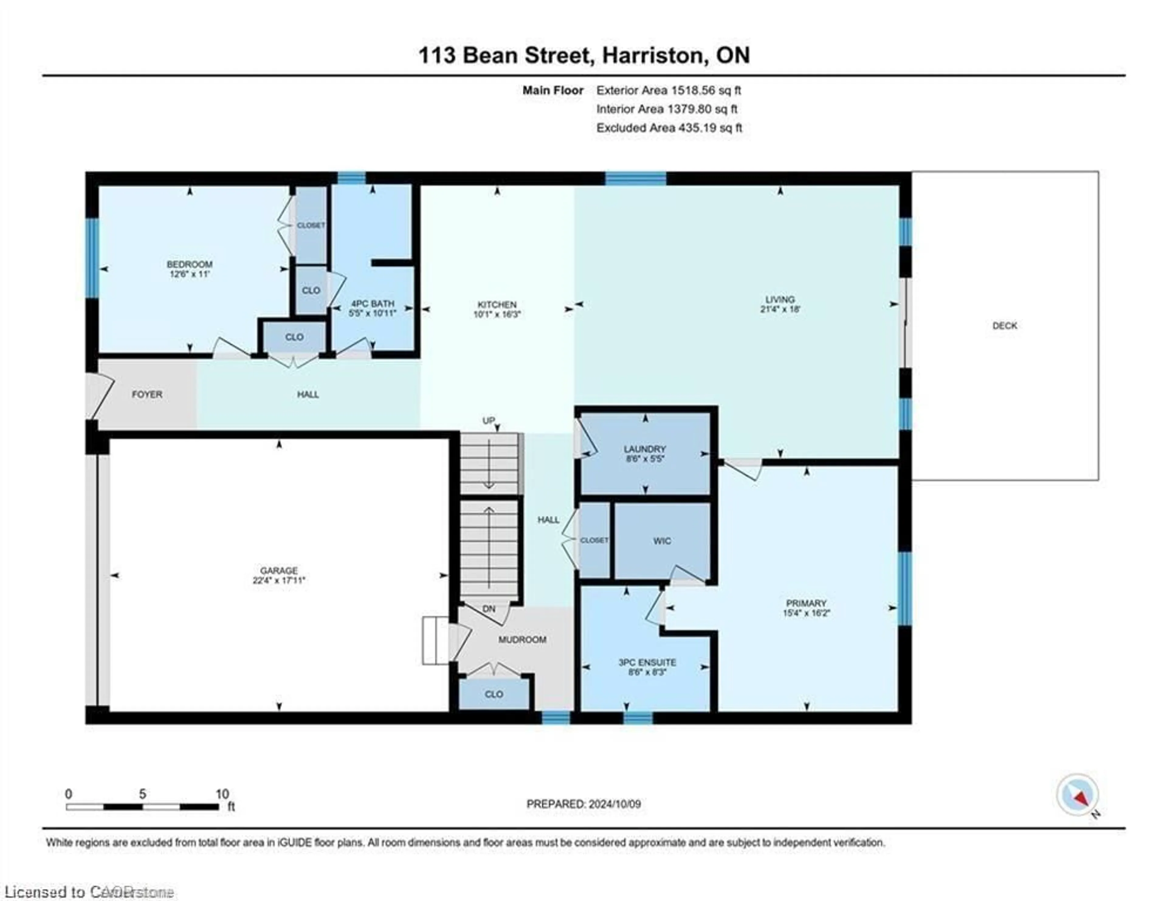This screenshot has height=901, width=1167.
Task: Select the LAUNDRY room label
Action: click(645, 449)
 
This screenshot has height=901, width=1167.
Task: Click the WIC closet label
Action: click(662, 541)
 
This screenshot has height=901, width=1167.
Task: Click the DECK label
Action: click(1004, 326)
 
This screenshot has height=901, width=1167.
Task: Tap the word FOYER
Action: click(147, 394)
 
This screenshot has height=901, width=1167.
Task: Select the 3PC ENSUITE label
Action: click(647, 662)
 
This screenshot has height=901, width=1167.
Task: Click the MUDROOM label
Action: click(522, 640)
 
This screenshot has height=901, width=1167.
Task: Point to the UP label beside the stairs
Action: click(488, 421)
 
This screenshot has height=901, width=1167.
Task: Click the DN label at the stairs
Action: click(488, 609)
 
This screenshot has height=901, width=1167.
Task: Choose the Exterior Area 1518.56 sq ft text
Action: click(669, 90)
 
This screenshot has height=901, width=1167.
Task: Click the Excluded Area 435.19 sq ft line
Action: click(669, 128)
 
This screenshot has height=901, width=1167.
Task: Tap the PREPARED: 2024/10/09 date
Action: click(583, 804)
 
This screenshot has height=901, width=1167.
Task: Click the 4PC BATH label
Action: click(372, 304)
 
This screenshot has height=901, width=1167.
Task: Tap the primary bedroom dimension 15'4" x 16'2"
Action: click(806, 613)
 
